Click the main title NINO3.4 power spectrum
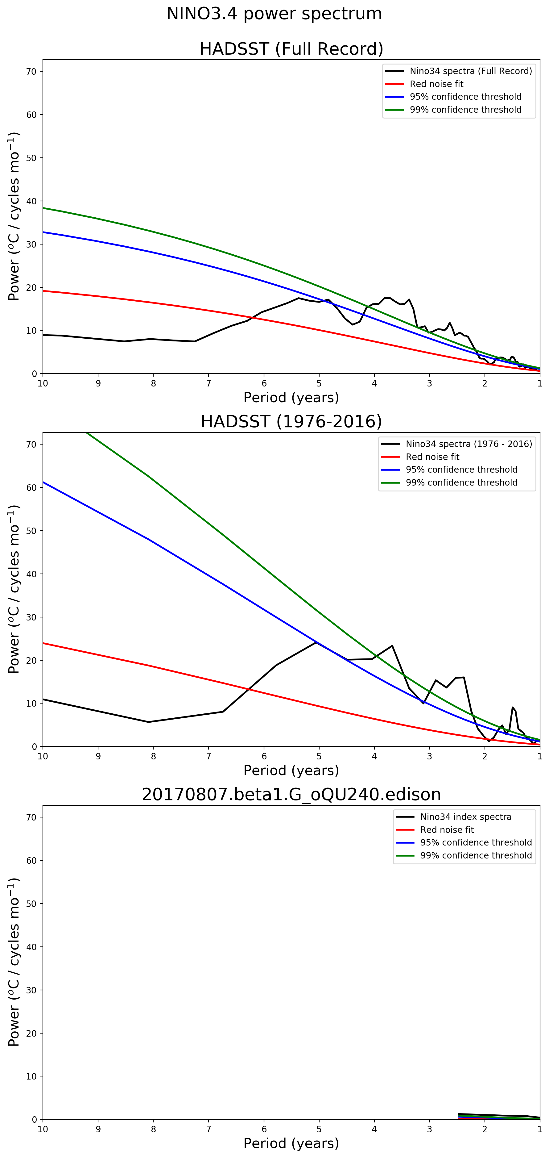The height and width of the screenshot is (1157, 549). click(x=274, y=14)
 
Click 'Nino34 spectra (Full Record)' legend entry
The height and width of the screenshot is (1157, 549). click(x=470, y=71)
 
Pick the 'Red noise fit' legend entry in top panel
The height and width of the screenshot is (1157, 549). click(x=436, y=84)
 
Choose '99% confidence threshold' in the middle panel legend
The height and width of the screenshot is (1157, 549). click(x=461, y=482)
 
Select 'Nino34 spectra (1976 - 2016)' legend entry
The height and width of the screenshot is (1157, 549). click(x=469, y=444)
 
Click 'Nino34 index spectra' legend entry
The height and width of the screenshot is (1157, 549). click(x=465, y=817)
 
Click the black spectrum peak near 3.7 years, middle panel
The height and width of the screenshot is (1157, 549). click(x=392, y=646)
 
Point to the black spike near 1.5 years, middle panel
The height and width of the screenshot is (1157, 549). click(x=512, y=708)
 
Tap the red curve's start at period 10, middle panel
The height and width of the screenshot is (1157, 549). click(x=43, y=643)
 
